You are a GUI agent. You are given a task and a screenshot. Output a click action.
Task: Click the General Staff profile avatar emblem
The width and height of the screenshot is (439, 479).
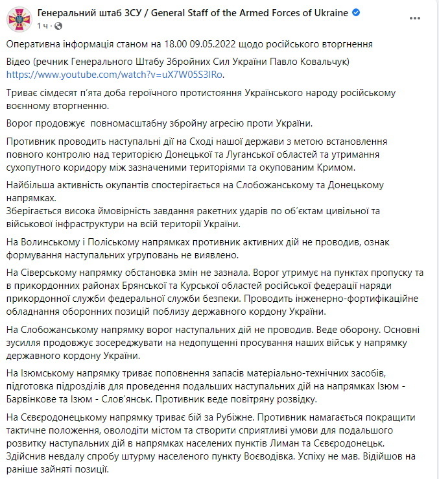click(18, 18)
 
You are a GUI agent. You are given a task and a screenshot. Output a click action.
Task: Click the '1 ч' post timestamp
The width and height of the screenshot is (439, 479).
click(42, 25)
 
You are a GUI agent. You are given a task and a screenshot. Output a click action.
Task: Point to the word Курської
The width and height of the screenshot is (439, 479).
click(213, 286)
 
